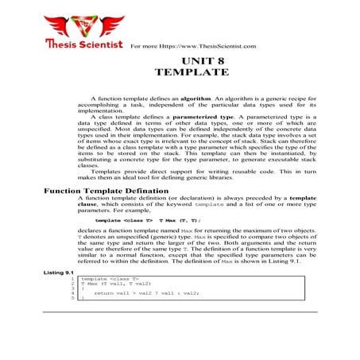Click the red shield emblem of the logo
(x=84, y=21)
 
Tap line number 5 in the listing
(x=72, y=299)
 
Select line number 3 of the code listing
(x=72, y=289)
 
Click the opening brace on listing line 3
(x=83, y=289)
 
